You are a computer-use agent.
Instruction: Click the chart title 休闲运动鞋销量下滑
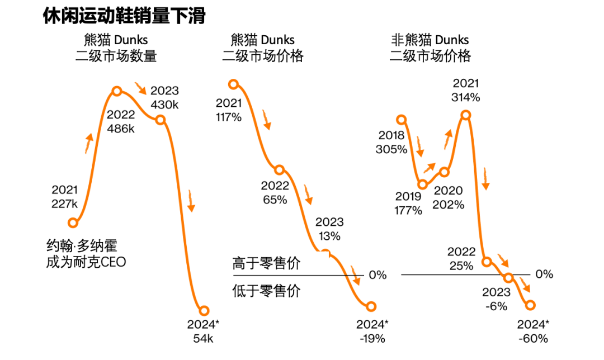(x=124, y=16)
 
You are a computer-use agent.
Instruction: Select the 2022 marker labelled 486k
(x=117, y=91)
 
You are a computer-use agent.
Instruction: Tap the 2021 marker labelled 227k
(x=72, y=223)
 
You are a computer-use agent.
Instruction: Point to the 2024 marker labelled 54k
(x=204, y=311)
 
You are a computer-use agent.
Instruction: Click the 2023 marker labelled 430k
(x=160, y=120)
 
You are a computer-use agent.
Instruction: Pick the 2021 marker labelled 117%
(x=234, y=84)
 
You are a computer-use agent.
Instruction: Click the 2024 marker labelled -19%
(x=371, y=306)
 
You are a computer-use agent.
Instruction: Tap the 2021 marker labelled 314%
(x=465, y=115)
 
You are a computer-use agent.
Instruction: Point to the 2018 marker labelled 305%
(x=400, y=119)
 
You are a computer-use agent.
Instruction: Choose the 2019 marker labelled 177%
(x=423, y=184)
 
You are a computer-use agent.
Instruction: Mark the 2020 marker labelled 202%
(x=445, y=172)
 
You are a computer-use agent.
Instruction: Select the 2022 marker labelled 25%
(x=487, y=262)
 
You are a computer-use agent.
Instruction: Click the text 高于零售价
(x=266, y=264)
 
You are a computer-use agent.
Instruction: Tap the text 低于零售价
(x=266, y=291)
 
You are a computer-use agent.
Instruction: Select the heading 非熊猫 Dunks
(x=430, y=40)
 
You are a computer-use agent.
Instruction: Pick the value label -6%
(x=496, y=306)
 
